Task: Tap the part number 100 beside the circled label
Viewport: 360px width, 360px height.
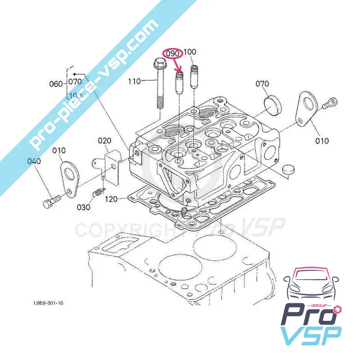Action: (190, 52)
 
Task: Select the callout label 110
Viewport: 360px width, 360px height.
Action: (135, 81)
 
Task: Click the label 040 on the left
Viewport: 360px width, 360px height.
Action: (34, 161)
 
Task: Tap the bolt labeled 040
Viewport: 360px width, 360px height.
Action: (50, 201)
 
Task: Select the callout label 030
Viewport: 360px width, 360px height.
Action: (83, 207)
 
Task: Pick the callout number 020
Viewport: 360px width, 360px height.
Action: (105, 141)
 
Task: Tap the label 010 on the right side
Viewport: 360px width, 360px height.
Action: (321, 141)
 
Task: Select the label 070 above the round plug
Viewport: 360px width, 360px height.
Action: (262, 84)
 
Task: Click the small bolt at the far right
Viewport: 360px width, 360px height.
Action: (329, 104)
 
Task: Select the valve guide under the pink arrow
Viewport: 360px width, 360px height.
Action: (180, 81)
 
